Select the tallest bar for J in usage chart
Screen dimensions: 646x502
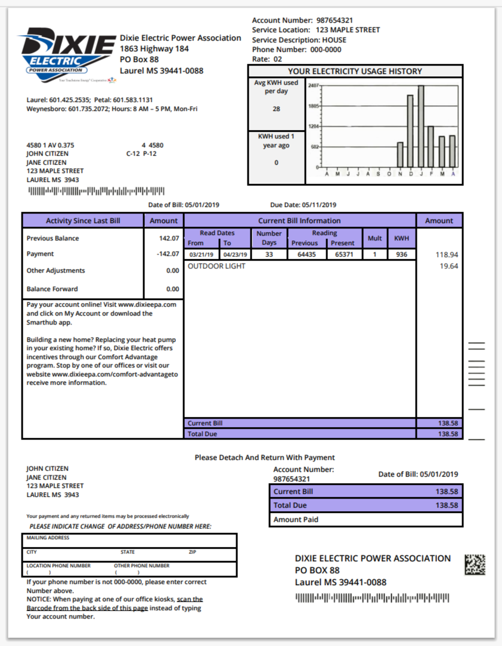click(421, 126)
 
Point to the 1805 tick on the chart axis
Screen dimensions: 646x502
click(314, 106)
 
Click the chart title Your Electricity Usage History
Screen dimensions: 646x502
click(355, 72)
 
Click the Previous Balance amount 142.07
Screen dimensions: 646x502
click(169, 239)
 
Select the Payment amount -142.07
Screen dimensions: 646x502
click(167, 254)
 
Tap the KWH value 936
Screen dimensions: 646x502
click(401, 255)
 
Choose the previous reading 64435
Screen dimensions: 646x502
click(306, 255)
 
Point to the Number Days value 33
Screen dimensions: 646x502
click(268, 255)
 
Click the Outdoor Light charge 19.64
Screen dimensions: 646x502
click(448, 267)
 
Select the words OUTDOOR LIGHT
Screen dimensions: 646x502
click(216, 267)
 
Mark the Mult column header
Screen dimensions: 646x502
click(374, 238)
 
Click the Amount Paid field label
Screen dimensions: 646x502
click(296, 520)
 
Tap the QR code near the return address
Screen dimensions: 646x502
click(475, 564)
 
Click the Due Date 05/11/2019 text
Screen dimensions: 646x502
click(303, 205)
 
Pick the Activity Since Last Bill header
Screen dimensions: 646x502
click(83, 221)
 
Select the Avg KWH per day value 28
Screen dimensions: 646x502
click(276, 109)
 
